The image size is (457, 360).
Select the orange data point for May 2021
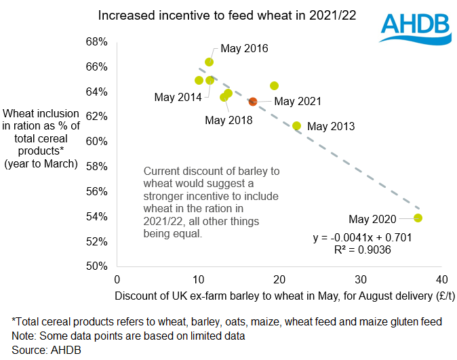(253, 102)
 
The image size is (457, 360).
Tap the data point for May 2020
(418, 218)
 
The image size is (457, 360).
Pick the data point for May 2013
(296, 125)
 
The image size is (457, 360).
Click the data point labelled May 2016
(210, 62)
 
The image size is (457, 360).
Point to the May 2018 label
(228, 121)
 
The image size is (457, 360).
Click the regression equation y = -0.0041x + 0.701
(363, 238)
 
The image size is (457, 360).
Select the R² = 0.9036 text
(362, 249)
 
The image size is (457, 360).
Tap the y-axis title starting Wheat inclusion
(41, 138)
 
